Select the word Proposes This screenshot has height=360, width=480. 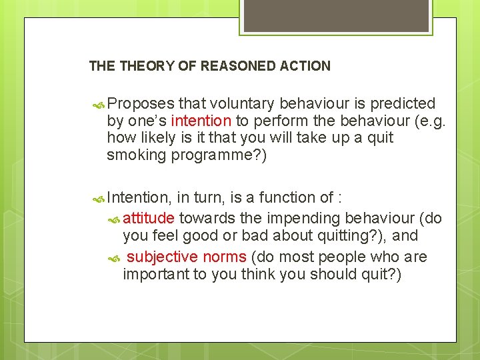[141, 104]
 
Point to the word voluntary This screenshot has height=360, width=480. [244, 104]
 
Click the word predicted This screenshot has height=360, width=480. [403, 104]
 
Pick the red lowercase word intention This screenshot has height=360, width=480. [201, 121]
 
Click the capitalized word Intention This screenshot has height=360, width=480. [139, 198]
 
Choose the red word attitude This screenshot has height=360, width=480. [149, 218]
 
